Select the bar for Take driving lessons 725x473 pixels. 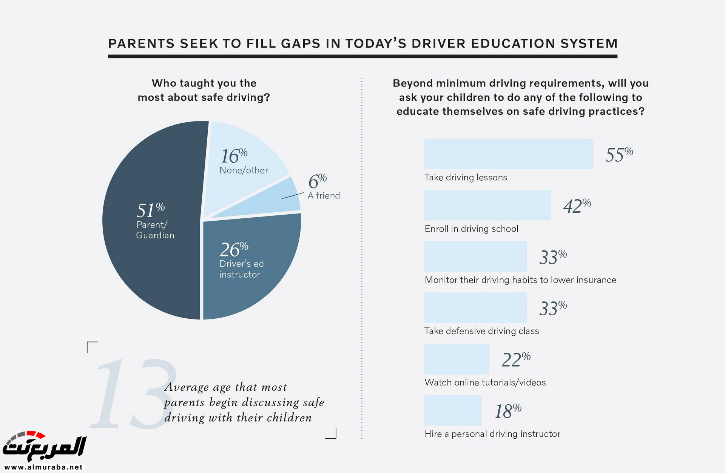tap(508, 154)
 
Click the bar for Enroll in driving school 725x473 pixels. tap(487, 205)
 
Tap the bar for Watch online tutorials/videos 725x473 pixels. tap(457, 359)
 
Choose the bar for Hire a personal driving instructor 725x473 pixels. tap(452, 410)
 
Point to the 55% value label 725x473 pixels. tap(619, 154)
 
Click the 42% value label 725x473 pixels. tap(577, 206)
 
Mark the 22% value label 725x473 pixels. tap(516, 359)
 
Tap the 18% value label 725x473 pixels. tap(508, 410)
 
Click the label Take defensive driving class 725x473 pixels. tap(481, 331)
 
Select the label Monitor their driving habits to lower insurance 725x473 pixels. tap(520, 280)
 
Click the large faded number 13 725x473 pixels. tap(132, 394)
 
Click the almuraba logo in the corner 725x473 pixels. tap(45, 446)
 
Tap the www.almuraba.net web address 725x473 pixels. tap(43, 467)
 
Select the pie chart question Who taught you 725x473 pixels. tap(204, 90)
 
